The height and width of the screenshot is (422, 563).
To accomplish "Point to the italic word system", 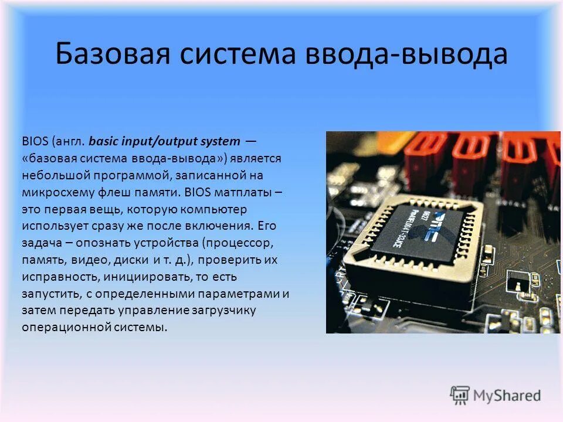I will point(221,141).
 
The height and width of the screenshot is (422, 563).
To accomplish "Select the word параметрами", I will point(239,293).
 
